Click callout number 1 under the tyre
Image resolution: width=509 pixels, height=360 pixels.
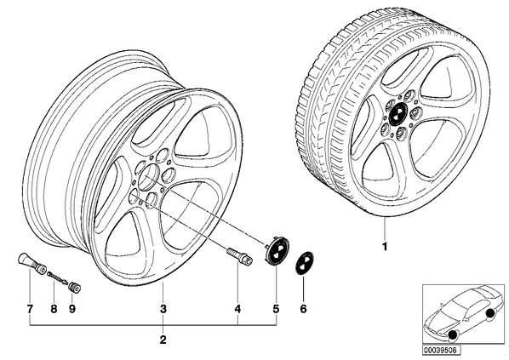coord(385,247)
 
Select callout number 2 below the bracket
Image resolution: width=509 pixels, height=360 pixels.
coord(163,340)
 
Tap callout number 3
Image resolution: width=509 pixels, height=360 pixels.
coord(163,309)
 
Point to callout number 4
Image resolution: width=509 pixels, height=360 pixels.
coord(237,309)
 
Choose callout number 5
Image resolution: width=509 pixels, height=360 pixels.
coord(276,309)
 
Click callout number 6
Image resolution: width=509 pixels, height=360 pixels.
coord(303,309)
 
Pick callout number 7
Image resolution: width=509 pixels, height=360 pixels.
coord(30,309)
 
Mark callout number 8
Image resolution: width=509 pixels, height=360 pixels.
coord(54,309)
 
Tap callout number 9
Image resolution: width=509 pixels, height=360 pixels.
coord(72,309)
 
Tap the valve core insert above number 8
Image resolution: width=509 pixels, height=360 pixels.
coord(58,277)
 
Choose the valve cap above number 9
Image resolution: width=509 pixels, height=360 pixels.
coord(75,288)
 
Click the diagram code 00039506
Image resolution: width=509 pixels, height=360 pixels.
coord(442,351)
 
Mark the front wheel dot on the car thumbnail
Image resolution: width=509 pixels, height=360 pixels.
coord(453,337)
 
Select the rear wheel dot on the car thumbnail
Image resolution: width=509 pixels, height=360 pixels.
coord(489,313)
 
